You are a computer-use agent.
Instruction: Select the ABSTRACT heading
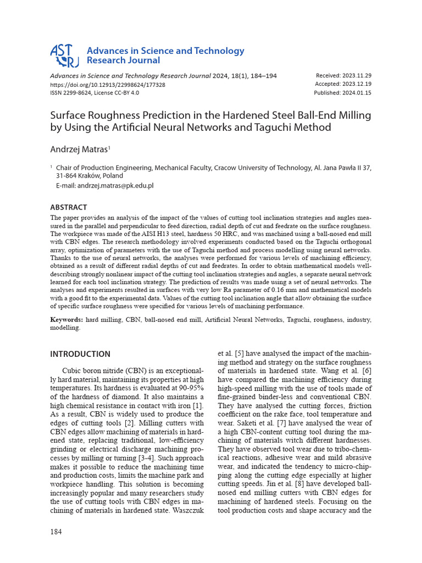coord(69,207)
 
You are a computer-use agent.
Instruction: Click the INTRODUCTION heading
coord(80,354)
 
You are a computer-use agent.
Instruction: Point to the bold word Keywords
coord(66,319)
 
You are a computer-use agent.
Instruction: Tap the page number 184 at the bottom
coord(57,532)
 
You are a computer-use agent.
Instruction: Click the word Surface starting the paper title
coord(69,115)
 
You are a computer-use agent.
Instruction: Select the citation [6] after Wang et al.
coord(367,371)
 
